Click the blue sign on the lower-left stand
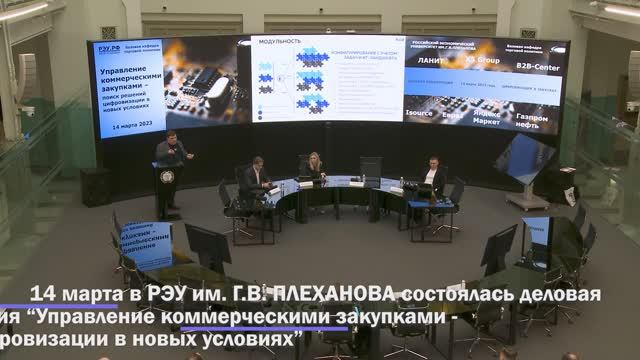point(147,244)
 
